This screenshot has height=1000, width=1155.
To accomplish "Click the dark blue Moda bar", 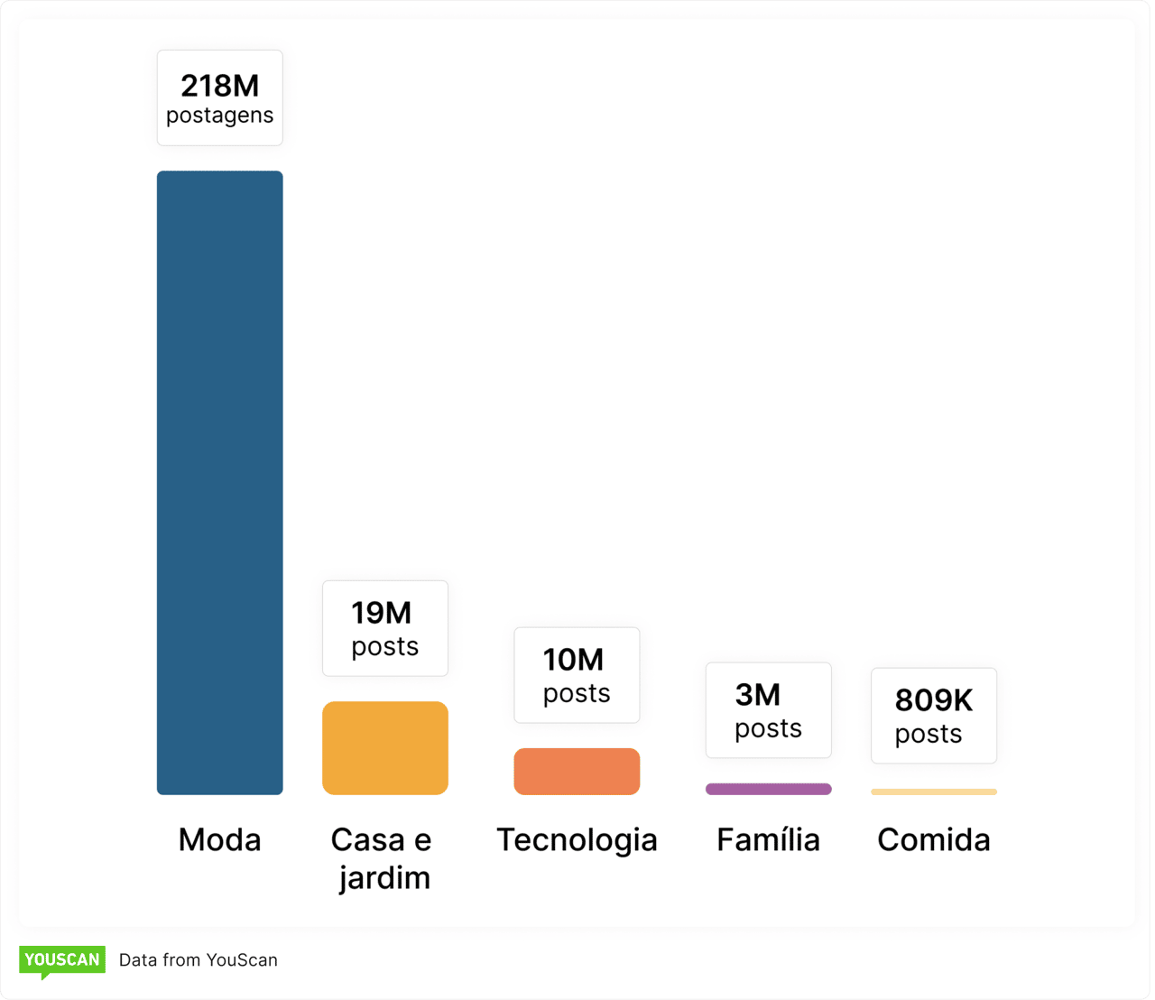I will click(x=219, y=483).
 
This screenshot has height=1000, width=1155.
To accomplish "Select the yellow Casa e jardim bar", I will click(x=385, y=748).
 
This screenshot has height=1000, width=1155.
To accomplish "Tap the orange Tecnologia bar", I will click(x=577, y=772).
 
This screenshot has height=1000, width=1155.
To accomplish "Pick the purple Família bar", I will click(x=768, y=789).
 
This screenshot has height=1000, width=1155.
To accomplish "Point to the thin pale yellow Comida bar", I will click(x=934, y=792).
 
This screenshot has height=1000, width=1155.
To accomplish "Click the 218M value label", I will click(x=219, y=86).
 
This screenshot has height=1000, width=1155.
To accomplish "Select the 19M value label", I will click(x=382, y=613).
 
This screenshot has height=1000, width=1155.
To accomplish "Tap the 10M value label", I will click(x=573, y=660).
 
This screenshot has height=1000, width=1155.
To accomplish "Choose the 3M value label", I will click(x=758, y=695).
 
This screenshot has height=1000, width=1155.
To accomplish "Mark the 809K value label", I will click(x=934, y=700).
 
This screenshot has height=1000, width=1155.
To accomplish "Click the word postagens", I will click(x=219, y=116).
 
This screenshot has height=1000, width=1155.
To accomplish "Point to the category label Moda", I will click(x=219, y=840).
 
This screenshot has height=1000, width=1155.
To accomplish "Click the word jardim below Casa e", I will click(x=385, y=878).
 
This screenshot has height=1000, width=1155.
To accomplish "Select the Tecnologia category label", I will click(x=577, y=840).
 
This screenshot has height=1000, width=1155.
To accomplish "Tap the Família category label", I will click(x=768, y=840).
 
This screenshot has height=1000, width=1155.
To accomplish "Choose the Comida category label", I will click(x=934, y=840).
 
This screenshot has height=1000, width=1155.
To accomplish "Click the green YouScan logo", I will click(x=61, y=960).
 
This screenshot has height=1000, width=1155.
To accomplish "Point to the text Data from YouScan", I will click(x=199, y=960).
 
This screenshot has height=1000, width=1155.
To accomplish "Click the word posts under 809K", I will click(x=929, y=735).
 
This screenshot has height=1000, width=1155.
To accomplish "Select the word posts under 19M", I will click(x=385, y=647).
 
